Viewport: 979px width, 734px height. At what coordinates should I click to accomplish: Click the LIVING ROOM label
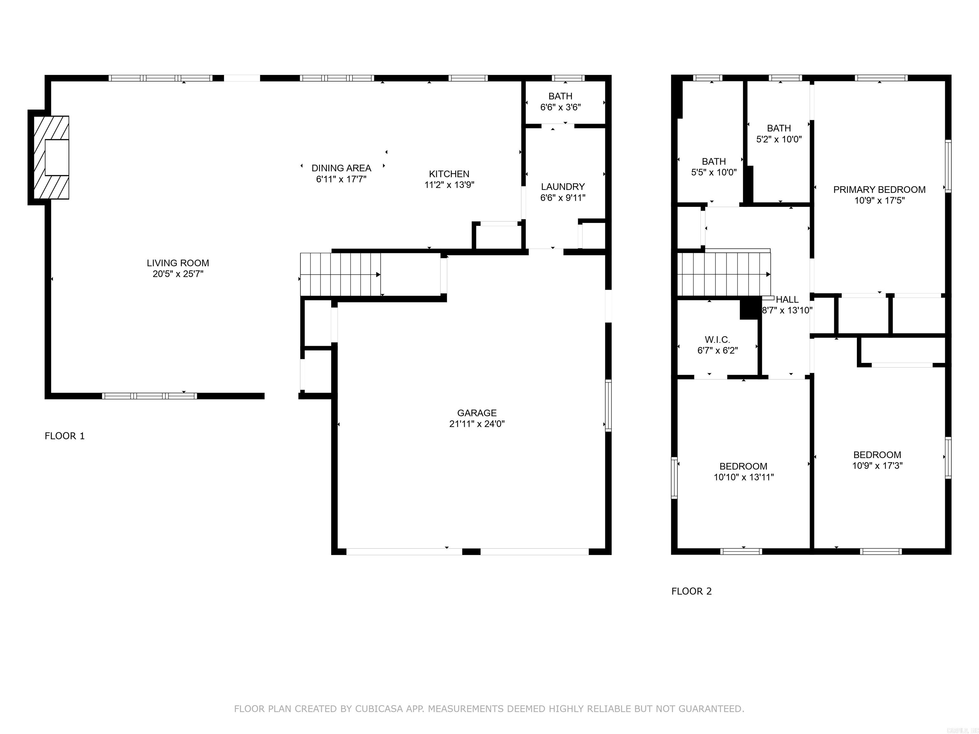point(178,263)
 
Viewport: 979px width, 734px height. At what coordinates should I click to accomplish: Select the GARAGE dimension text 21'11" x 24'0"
point(477,424)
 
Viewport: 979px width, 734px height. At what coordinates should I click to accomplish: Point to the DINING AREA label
point(341,168)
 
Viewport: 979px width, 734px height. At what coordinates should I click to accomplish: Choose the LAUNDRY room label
point(562,187)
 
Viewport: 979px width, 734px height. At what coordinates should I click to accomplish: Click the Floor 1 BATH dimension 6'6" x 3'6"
point(560,107)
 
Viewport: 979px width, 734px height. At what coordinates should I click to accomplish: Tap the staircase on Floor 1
point(340,274)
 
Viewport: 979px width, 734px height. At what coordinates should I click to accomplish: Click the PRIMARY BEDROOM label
point(879,189)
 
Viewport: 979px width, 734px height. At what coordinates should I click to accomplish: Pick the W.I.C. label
point(717,340)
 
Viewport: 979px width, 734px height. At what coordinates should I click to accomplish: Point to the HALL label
point(787,299)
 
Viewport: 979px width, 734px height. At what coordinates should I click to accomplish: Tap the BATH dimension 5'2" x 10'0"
point(779,139)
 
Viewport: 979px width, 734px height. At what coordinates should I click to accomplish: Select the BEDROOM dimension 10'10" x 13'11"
point(743,477)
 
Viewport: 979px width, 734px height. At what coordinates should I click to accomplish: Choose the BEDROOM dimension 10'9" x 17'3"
point(877,465)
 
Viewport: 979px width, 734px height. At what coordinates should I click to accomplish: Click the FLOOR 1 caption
point(65,436)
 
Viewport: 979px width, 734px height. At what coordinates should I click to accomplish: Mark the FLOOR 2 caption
point(691,591)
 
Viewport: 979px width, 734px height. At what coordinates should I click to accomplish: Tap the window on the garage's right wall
point(608,405)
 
